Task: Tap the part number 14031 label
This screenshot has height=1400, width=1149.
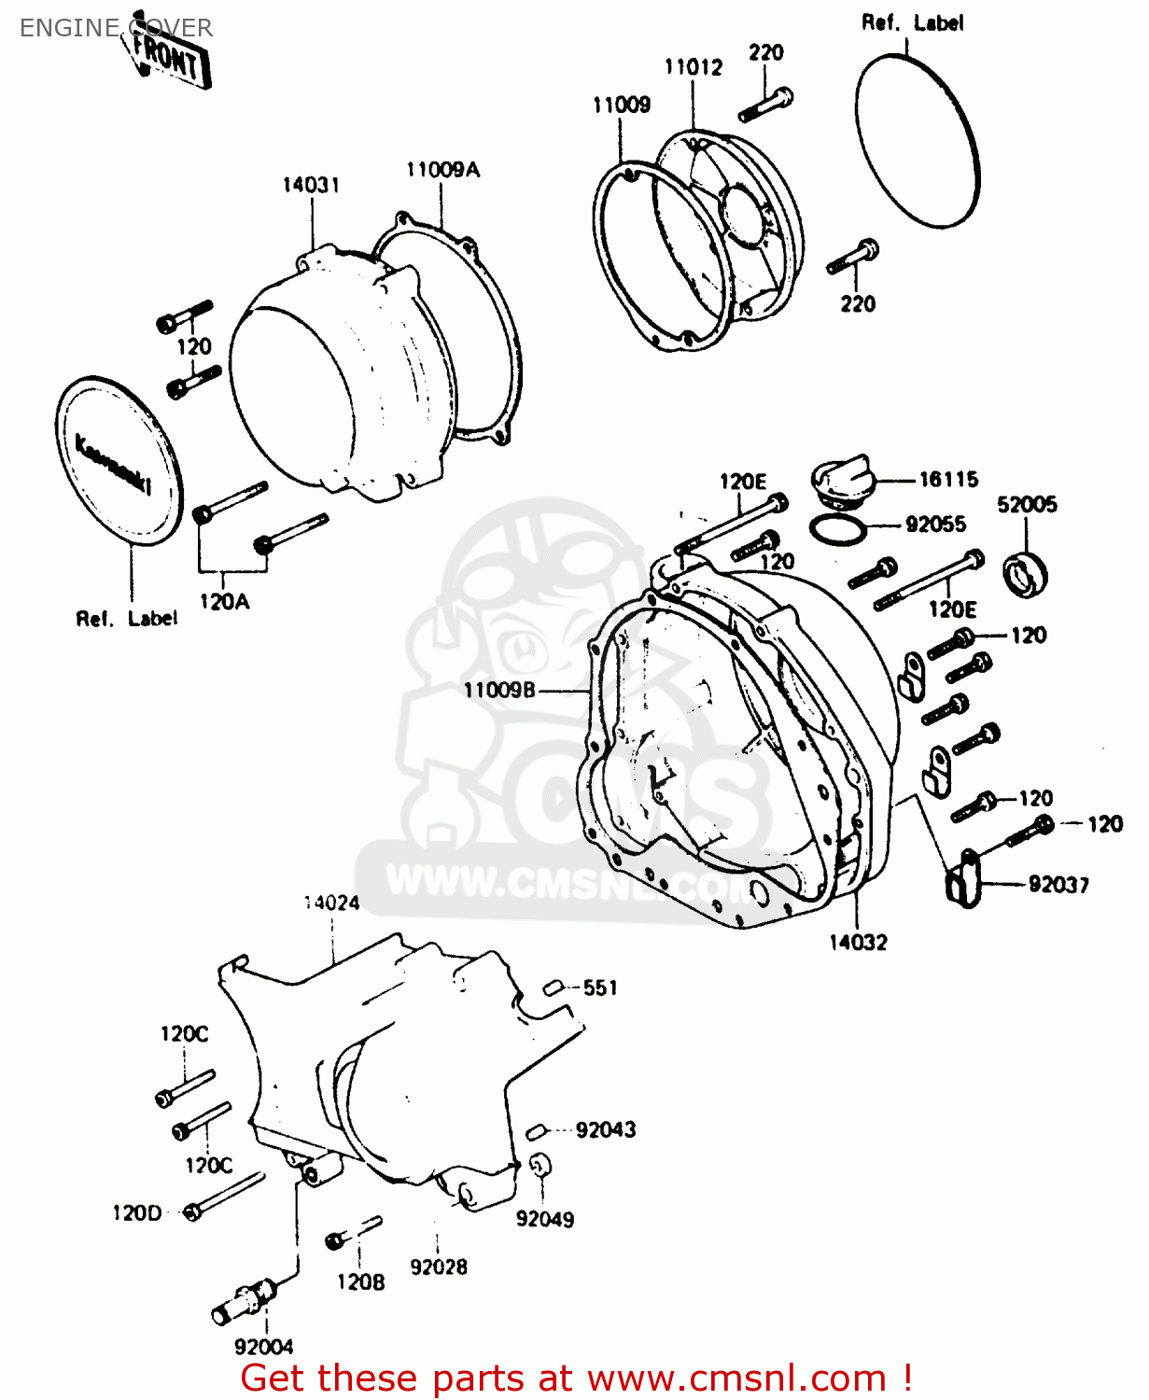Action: point(311,185)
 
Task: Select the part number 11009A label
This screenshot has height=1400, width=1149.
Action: point(442,169)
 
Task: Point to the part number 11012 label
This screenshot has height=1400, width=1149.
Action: point(693,67)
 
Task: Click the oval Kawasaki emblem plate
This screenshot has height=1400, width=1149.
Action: point(119,461)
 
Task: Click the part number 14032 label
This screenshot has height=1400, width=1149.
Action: point(858,943)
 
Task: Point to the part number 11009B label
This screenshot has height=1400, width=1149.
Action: point(499,691)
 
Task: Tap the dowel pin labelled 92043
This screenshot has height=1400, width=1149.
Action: point(536,1131)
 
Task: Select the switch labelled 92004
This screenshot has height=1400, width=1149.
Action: point(245,1301)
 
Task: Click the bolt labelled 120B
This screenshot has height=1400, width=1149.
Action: point(354,1233)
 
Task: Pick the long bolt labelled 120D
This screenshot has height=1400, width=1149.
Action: point(225,1196)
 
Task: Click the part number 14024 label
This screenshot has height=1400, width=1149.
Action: point(331,903)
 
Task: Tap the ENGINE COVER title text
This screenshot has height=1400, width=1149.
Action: point(116,28)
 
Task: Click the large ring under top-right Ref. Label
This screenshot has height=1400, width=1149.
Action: point(918,140)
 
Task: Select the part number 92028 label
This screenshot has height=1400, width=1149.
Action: point(439,1267)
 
